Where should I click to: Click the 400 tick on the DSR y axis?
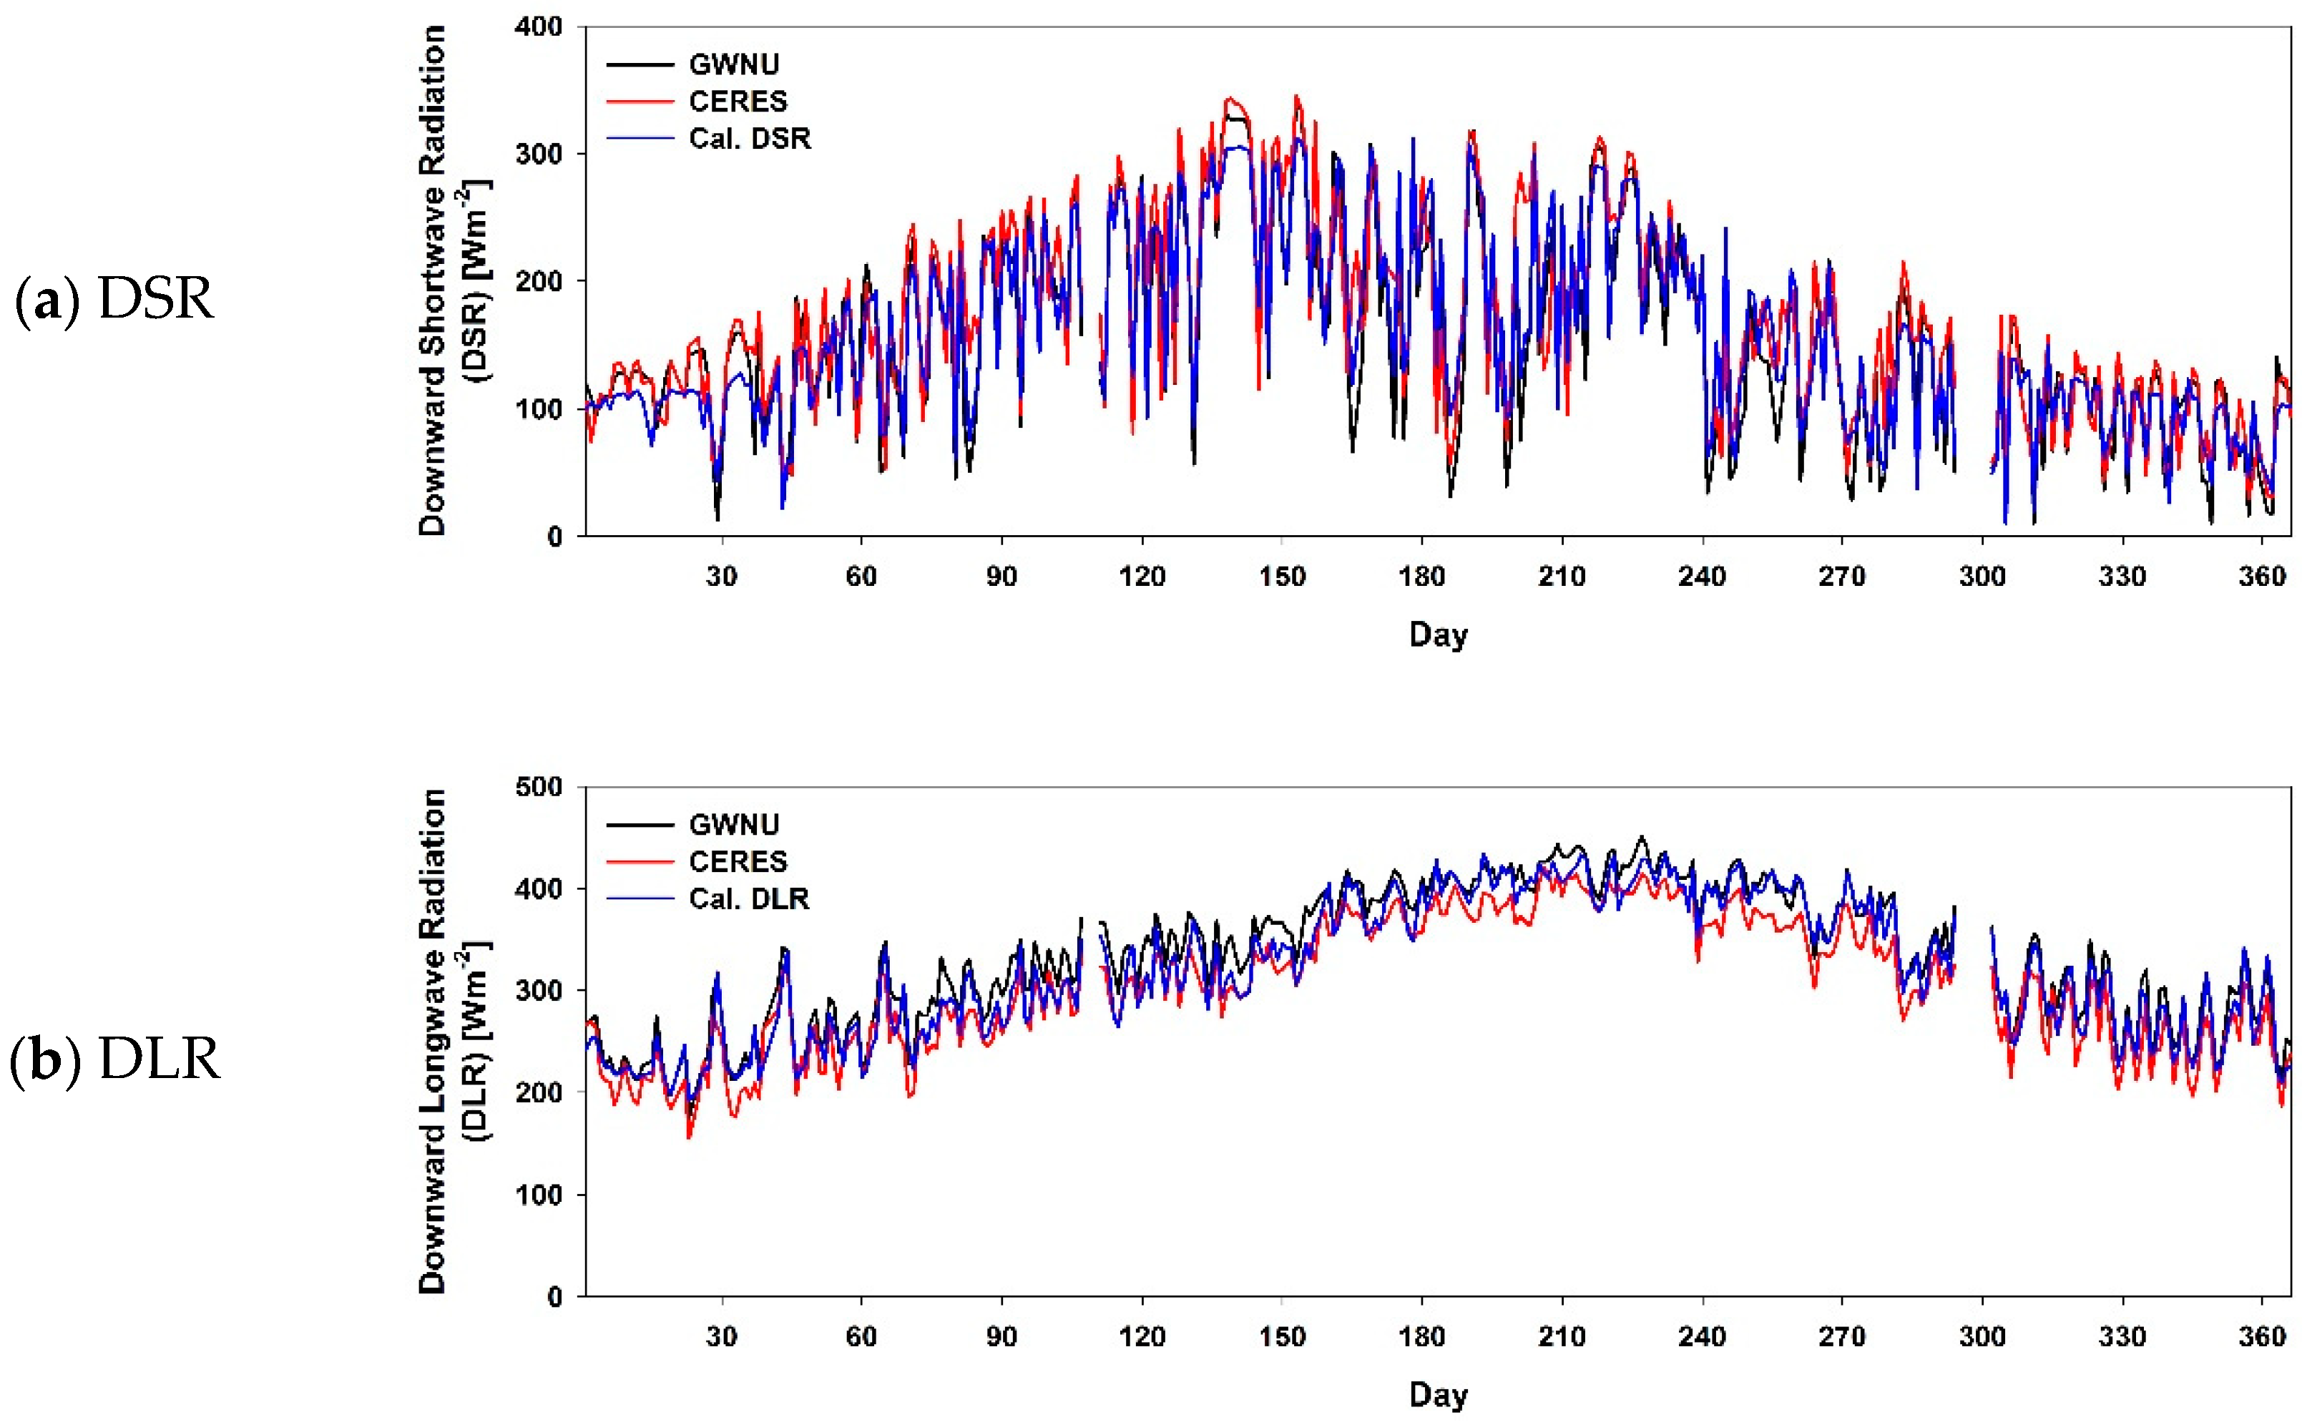(538, 27)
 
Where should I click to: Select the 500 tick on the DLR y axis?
(538, 787)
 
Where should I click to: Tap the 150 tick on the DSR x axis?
(1281, 576)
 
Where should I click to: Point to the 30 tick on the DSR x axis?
(721, 576)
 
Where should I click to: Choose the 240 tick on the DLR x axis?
(1702, 1336)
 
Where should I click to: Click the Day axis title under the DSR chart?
(1438, 635)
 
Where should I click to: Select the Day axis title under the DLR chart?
(1438, 1394)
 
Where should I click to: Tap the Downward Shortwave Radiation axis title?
(431, 281)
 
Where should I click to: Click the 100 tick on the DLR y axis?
(538, 1195)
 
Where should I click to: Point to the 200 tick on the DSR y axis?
(538, 281)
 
